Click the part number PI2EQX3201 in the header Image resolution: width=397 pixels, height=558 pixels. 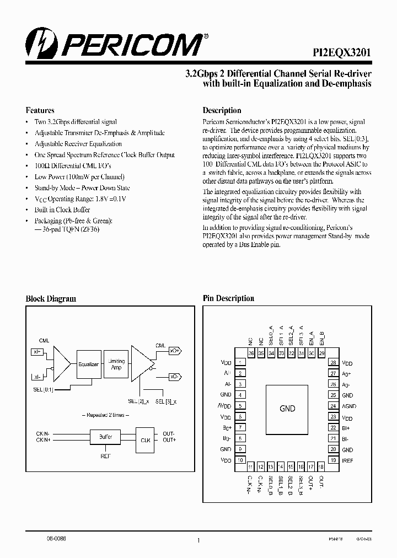click(x=338, y=51)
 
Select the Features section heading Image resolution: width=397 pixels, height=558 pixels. click(x=40, y=110)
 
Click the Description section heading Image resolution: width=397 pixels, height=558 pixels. click(x=222, y=110)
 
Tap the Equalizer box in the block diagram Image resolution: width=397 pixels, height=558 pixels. click(x=88, y=364)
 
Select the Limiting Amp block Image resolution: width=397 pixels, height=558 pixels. click(x=116, y=364)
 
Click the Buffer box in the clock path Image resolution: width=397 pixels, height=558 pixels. click(x=105, y=437)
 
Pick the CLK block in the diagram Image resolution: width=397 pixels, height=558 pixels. click(x=145, y=439)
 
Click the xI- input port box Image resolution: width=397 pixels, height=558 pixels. click(x=37, y=377)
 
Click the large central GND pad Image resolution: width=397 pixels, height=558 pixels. click(x=287, y=409)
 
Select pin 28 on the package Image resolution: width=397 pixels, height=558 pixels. click(x=333, y=363)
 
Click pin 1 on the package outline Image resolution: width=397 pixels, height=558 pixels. click(x=241, y=363)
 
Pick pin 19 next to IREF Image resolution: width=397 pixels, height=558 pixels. click(x=333, y=460)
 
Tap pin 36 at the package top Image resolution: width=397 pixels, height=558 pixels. click(x=251, y=353)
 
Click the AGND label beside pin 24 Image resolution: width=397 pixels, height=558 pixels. click(x=348, y=406)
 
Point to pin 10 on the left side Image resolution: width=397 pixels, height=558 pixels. click(x=241, y=460)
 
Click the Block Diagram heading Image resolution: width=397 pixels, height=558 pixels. click(x=51, y=299)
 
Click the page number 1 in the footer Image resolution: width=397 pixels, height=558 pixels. click(x=198, y=540)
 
